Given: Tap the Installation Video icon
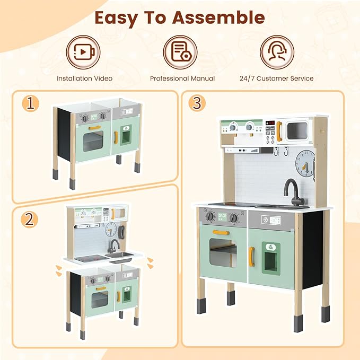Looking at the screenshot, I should coord(85,52).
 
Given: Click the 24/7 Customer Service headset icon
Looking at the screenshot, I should coord(277,52).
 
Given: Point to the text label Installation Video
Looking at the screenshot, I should coord(85,78).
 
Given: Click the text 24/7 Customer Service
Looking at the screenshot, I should coord(276,78).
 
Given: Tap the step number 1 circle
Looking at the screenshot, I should coord(32,104).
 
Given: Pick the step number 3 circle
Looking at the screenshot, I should coord(197,103).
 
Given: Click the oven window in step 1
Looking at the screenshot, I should coord(93,142).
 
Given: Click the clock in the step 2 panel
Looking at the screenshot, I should coord(111,229).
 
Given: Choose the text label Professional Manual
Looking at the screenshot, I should coord(182,78).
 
